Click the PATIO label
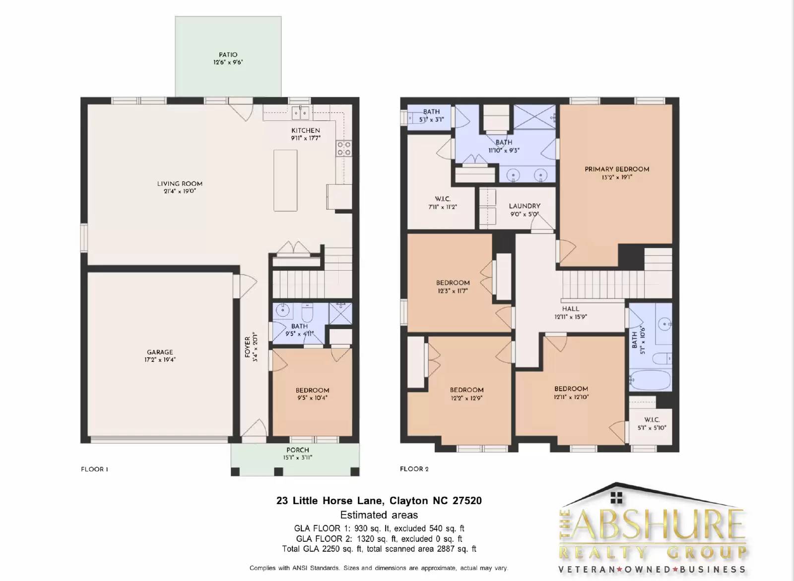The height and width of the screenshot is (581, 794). (228, 55)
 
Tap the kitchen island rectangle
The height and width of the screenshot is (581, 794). (285, 180)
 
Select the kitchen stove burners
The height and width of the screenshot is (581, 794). (344, 148)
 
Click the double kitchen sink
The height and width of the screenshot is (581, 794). (300, 113)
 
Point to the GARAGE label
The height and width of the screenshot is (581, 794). (160, 352)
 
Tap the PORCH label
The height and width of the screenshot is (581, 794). (298, 450)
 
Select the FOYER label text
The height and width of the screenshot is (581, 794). (248, 347)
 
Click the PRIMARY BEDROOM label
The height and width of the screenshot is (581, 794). (617, 169)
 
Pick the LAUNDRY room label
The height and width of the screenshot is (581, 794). (525, 206)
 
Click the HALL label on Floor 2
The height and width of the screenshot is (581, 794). (571, 309)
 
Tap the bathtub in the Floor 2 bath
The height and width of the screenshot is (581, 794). (650, 380)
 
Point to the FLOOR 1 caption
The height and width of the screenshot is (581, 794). (94, 469)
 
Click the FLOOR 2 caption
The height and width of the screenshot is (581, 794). (414, 469)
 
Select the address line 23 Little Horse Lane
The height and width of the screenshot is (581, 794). (379, 501)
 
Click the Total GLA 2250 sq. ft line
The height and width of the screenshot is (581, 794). (379, 549)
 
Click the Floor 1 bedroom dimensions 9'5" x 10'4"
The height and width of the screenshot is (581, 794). (312, 398)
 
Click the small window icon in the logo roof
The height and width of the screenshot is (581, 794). (616, 498)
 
